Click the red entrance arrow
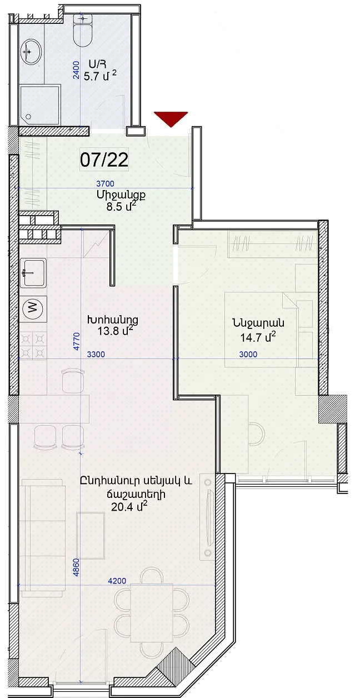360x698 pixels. (x=171, y=119)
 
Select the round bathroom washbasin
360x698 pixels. (x=31, y=52)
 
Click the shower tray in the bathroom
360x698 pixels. (x=39, y=106)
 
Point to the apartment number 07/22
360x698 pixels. (x=104, y=159)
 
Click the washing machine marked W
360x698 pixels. (x=33, y=308)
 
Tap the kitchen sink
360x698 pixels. (x=33, y=273)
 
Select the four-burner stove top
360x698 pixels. (x=33, y=345)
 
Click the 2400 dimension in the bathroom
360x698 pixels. (x=76, y=70)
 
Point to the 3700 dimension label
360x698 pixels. (x=105, y=183)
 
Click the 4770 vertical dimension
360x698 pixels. (x=77, y=342)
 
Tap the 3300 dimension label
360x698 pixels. (x=96, y=355)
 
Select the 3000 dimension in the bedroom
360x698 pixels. (x=248, y=355)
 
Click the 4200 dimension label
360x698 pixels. (x=117, y=581)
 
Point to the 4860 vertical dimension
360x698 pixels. (x=76, y=567)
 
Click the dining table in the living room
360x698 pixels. (x=152, y=612)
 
